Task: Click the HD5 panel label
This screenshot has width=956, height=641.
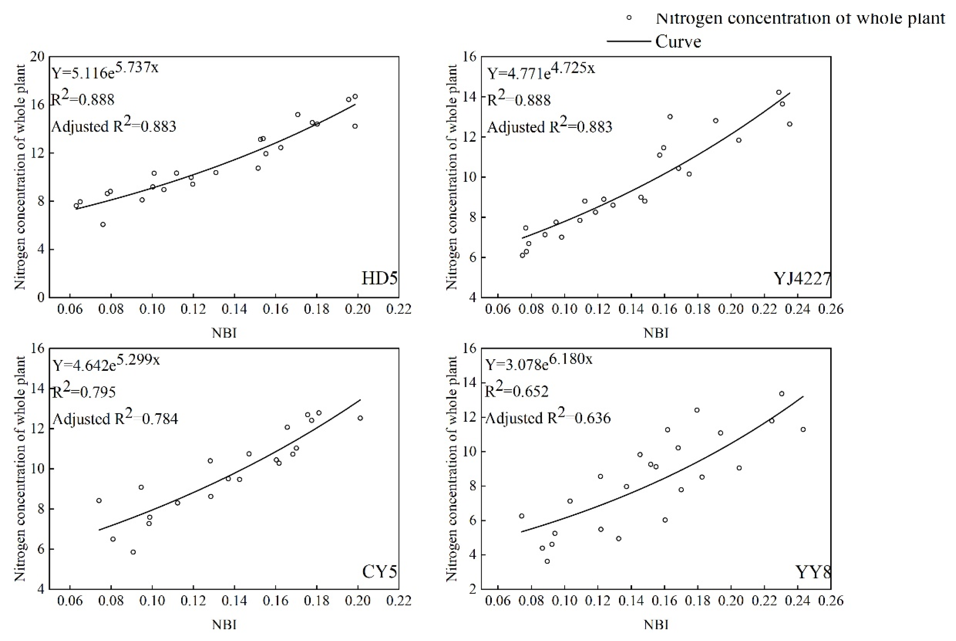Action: (379, 279)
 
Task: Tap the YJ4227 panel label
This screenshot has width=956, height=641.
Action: (802, 279)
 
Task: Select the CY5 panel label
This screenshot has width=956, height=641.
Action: (379, 572)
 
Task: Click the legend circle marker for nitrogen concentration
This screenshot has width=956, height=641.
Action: (629, 18)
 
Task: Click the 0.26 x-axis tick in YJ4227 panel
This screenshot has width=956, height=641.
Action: (831, 309)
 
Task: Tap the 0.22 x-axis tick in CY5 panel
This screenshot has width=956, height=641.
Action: (399, 601)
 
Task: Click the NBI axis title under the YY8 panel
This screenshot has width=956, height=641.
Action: (656, 625)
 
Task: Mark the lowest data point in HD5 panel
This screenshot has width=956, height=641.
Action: (103, 224)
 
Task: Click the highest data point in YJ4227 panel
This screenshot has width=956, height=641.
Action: (779, 92)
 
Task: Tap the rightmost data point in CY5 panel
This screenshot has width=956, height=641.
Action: (360, 418)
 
